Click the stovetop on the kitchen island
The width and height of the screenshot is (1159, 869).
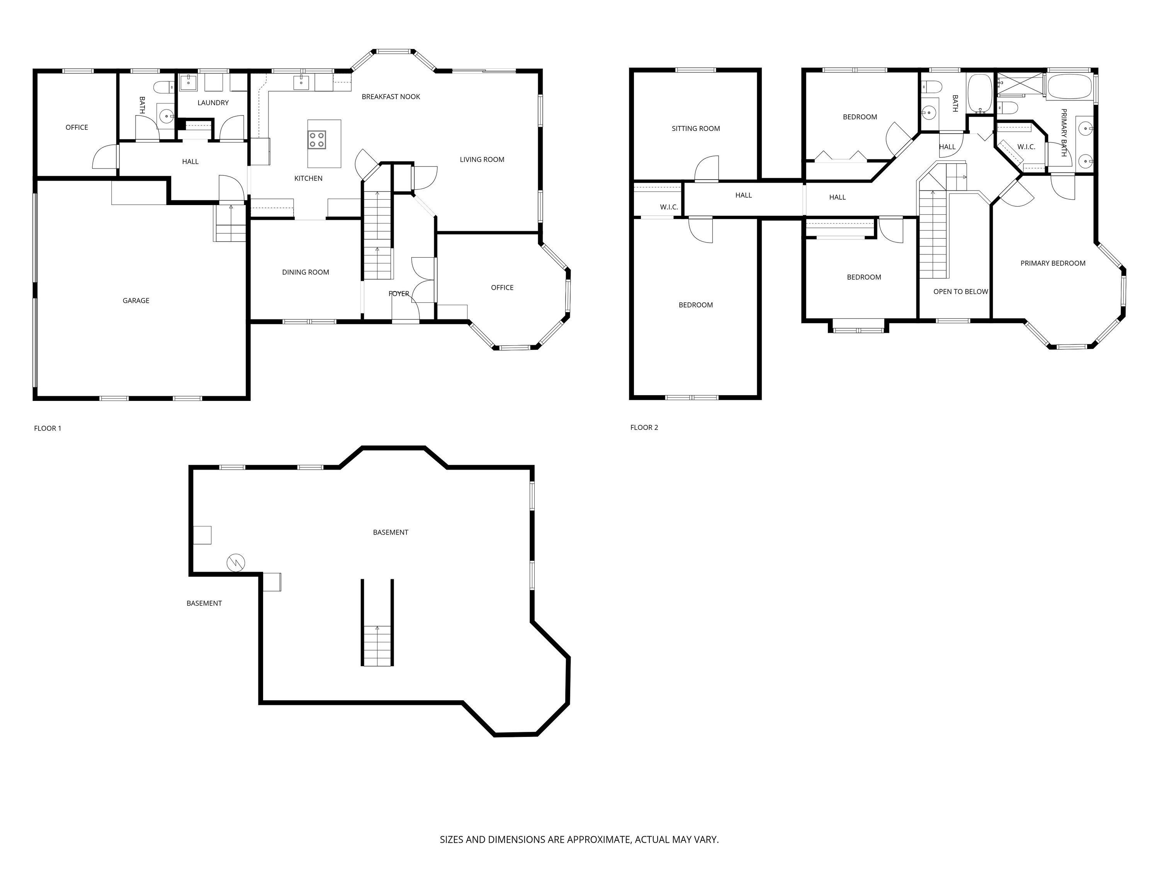coord(316,140)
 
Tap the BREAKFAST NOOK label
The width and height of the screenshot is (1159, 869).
coord(391,97)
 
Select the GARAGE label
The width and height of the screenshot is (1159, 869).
coord(136,300)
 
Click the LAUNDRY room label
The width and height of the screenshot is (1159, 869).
coord(213,103)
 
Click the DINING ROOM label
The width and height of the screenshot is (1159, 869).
coord(306,272)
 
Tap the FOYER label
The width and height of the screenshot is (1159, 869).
coord(399,294)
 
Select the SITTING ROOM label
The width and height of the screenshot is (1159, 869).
coord(696,128)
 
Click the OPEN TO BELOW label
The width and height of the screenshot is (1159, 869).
coord(960,292)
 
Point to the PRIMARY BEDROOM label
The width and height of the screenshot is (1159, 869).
coord(1053,263)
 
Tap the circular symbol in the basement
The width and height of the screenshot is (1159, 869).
coord(236,563)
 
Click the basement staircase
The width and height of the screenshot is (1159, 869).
coord(377,644)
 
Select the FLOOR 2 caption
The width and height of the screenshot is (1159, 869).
coord(644,428)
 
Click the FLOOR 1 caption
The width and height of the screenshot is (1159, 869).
coord(48,428)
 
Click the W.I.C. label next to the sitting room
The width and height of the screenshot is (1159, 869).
coord(669,207)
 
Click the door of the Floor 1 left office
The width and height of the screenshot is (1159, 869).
coord(104,157)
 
